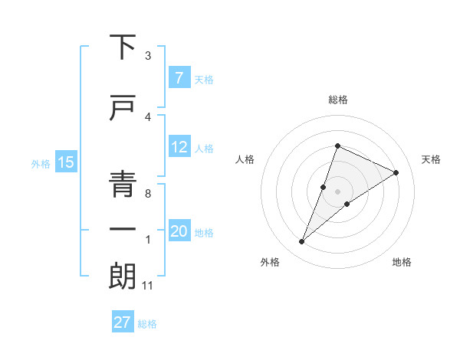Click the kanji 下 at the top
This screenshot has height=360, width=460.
point(123,47)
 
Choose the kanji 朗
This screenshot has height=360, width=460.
point(123,277)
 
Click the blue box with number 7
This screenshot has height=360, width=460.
point(178,78)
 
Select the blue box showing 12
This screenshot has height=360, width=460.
point(179,147)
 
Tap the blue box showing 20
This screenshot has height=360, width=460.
point(179,232)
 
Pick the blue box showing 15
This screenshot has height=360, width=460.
point(65,162)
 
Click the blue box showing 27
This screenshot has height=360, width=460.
point(122,322)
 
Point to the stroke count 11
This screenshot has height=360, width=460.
point(148,286)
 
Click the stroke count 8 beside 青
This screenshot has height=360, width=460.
point(147,194)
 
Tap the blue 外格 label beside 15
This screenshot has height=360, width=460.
point(40,163)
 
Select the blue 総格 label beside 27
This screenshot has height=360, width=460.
point(147,323)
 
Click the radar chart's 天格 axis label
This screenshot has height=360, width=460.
point(432,159)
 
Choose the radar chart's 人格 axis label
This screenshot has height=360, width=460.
point(245,159)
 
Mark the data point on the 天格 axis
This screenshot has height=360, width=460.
point(396,172)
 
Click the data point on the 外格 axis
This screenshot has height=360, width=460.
point(302,242)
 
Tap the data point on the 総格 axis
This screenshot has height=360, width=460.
point(337,146)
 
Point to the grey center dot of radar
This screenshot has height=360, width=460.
point(337,191)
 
